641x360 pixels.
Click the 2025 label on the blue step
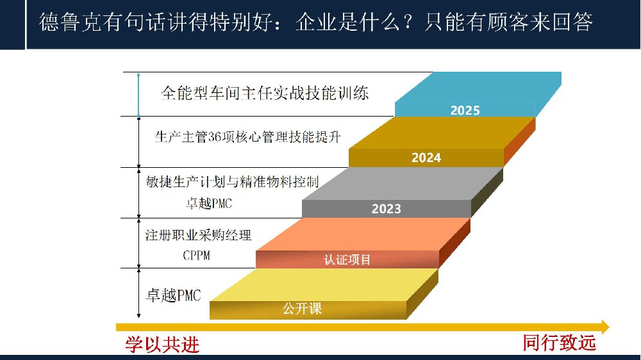tap(465, 110)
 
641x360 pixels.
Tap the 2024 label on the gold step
tap(426, 158)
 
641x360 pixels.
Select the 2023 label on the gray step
tap(387, 209)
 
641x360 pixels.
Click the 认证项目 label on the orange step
tap(347, 259)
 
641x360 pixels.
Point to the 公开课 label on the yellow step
tap(302, 308)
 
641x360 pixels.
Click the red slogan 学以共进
tap(162, 345)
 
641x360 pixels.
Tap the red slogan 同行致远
tap(560, 343)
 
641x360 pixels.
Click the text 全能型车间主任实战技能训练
tap(265, 93)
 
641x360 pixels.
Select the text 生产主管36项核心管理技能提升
tap(247, 137)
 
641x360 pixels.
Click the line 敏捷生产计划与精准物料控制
tap(232, 182)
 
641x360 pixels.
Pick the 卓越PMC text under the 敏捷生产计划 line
tap(209, 203)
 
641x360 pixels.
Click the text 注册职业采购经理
tap(198, 235)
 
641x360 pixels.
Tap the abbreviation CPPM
tap(196, 256)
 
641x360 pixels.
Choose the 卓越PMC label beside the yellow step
tap(173, 295)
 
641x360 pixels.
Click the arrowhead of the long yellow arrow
tap(606, 327)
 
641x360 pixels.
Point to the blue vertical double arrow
tap(138, 94)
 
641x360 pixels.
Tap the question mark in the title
tap(407, 22)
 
